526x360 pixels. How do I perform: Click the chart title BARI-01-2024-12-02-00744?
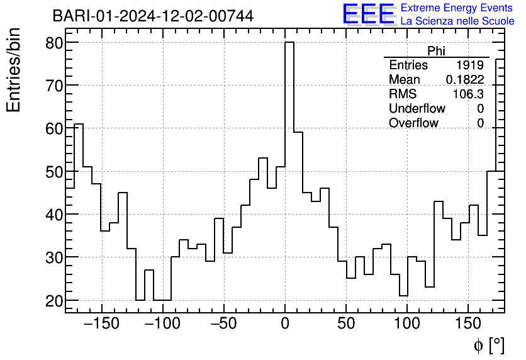(x=153, y=16)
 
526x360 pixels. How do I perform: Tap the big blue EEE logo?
(x=368, y=14)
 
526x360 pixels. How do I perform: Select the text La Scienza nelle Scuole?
(x=457, y=21)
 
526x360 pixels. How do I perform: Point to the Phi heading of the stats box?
(x=436, y=52)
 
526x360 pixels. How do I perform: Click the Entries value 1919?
(x=471, y=65)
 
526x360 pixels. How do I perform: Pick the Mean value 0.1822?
(x=465, y=80)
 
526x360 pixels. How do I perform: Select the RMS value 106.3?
(x=469, y=94)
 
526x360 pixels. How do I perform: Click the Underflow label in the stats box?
(x=417, y=109)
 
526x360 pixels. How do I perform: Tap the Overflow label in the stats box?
(x=413, y=123)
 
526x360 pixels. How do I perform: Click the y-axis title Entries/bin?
(x=14, y=70)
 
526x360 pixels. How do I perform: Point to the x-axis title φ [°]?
(x=488, y=345)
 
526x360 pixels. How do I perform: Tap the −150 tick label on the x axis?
(x=101, y=325)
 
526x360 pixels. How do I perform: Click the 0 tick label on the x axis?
(x=285, y=325)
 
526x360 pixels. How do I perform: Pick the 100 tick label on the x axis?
(x=407, y=325)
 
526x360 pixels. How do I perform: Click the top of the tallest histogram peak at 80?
(x=289, y=43)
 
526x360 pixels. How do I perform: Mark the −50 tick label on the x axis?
(x=223, y=325)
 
